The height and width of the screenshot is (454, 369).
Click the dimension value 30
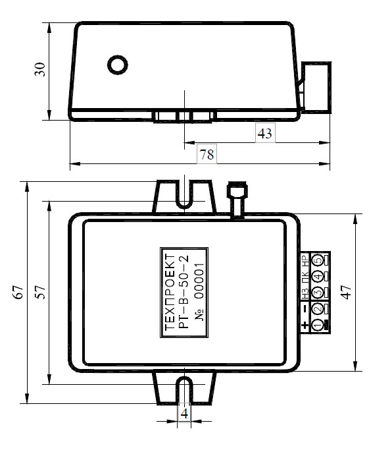pyautogui.click(x=40, y=69)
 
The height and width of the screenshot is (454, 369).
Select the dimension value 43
pyautogui.click(x=265, y=134)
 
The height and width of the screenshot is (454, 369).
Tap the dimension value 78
pyautogui.click(x=207, y=154)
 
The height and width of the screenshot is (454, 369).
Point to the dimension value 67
pyautogui.click(x=18, y=292)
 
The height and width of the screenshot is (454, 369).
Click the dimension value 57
pyautogui.click(x=41, y=292)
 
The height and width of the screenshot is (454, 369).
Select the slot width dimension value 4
pyautogui.click(x=184, y=413)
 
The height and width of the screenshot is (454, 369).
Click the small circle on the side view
pyautogui.click(x=118, y=65)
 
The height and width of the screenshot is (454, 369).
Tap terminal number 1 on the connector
pyautogui.click(x=317, y=325)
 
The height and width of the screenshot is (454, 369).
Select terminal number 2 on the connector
pyautogui.click(x=317, y=308)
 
